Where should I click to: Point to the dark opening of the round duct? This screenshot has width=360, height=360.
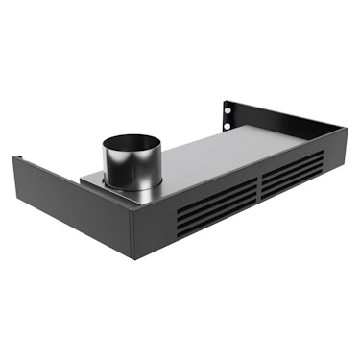[132, 145]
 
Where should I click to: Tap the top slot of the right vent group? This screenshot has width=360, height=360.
[291, 156]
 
